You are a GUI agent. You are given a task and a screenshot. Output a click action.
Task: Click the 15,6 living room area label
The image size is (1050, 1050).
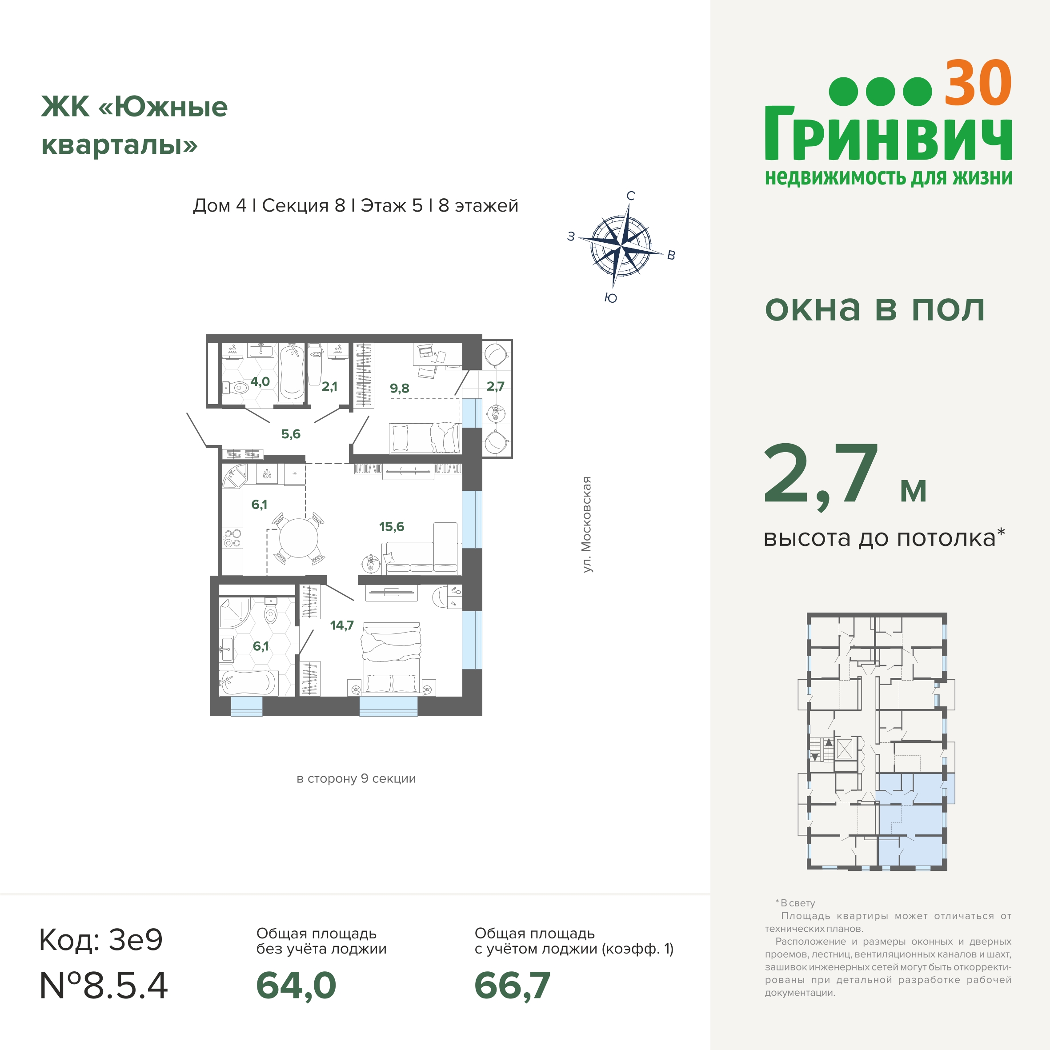click(x=391, y=527)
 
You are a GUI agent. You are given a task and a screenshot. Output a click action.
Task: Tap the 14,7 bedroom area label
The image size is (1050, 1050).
click(x=342, y=625)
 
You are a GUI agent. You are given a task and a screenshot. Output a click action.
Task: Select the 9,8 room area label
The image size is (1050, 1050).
click(x=400, y=389)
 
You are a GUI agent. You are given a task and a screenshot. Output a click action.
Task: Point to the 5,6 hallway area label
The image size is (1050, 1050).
click(x=291, y=434)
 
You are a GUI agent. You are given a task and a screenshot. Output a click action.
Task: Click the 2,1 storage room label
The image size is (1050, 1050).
click(x=329, y=386)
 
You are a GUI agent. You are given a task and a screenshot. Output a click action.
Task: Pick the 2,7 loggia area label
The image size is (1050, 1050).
click(x=495, y=386)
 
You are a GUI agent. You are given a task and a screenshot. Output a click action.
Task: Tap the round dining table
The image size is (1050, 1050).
click(x=298, y=538)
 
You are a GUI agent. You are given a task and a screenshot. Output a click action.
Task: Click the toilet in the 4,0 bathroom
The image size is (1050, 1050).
click(x=235, y=388)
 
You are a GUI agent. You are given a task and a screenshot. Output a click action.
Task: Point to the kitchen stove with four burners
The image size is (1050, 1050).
click(x=232, y=539)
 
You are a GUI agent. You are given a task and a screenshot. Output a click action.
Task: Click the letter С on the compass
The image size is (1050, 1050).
click(x=630, y=196)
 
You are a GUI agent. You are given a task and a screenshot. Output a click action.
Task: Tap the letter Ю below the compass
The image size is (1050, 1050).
click(x=611, y=298)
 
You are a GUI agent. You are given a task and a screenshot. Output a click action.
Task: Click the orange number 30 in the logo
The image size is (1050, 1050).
click(x=978, y=83)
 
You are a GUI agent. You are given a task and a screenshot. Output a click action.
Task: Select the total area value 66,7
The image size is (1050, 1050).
click(x=512, y=986)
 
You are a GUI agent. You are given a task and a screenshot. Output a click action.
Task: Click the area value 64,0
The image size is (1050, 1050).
click(x=296, y=986)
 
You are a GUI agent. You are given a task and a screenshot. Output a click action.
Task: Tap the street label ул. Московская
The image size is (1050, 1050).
click(x=586, y=525)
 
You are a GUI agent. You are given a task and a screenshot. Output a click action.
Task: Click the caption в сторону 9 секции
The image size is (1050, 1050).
click(x=356, y=779)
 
